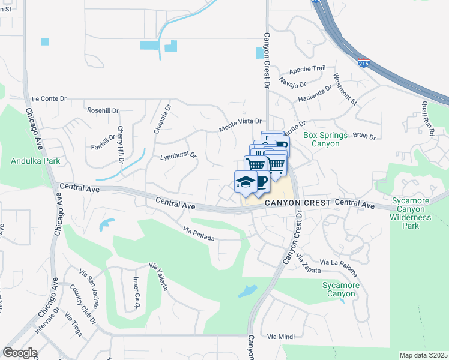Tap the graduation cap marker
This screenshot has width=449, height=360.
245,182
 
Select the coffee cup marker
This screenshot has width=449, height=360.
261,182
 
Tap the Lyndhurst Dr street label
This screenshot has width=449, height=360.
178,156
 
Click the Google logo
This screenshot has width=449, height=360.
20,353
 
